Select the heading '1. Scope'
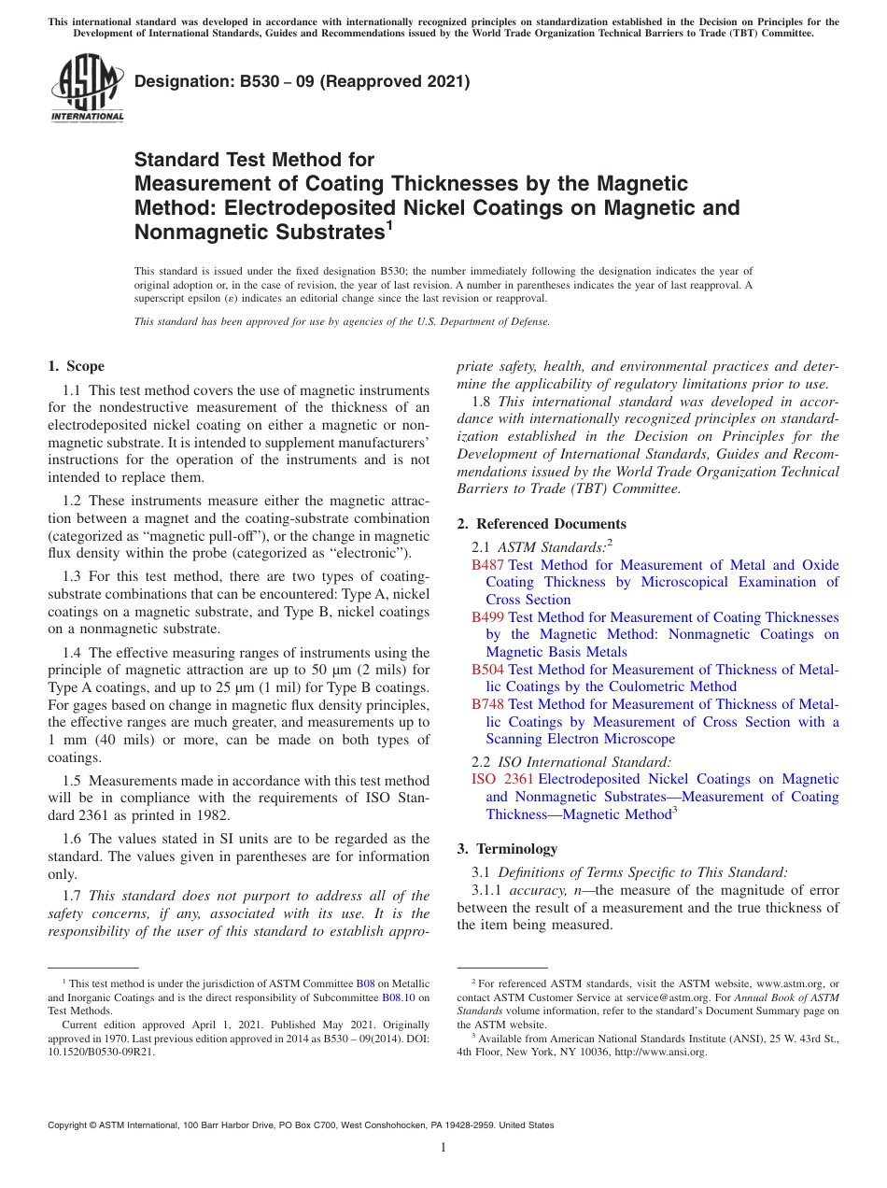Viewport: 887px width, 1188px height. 76,366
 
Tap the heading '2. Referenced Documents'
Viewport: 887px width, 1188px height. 542,524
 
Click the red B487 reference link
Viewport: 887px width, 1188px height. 487,565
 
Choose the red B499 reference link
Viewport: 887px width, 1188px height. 487,617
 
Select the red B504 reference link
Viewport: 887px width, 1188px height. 487,670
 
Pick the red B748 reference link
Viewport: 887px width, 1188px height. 487,704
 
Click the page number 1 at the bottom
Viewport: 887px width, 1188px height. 443,1148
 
